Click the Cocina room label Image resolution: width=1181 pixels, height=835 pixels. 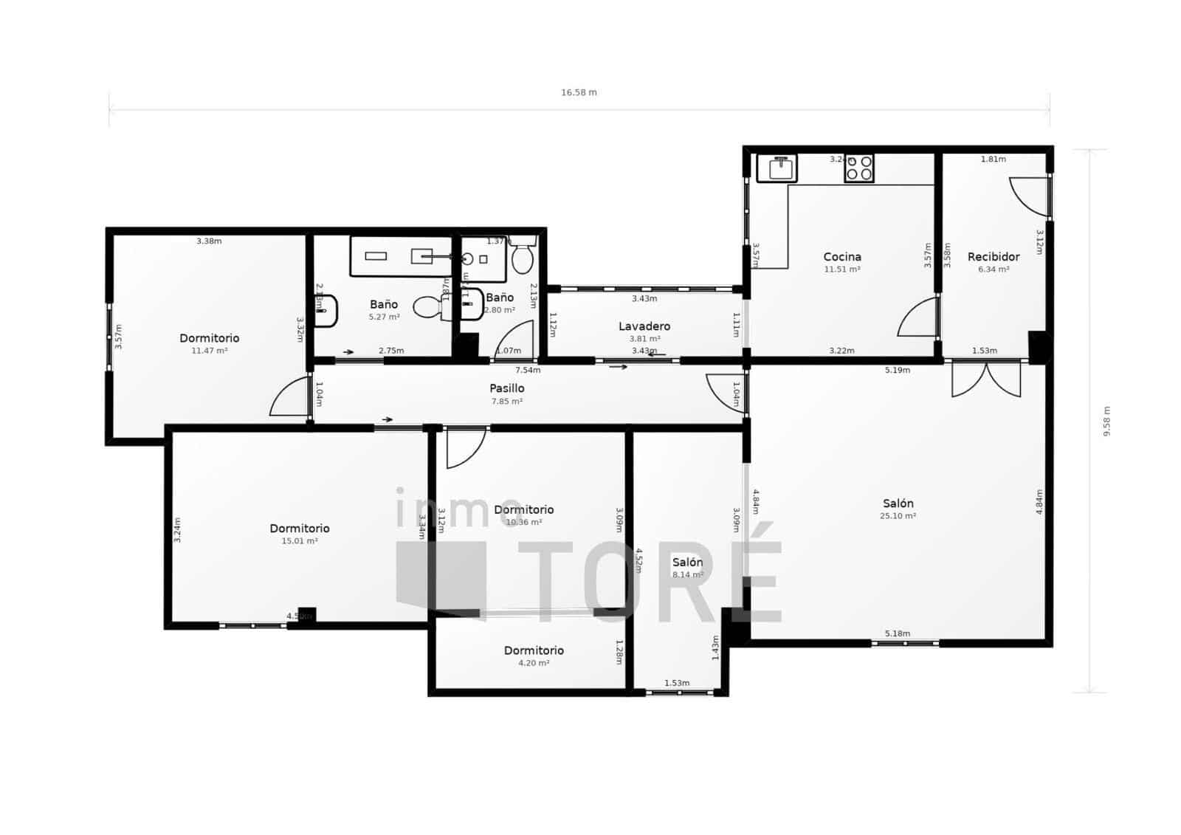pos(842,257)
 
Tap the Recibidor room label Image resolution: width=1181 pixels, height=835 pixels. pos(994,257)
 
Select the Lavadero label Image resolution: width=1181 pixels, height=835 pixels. pos(644,326)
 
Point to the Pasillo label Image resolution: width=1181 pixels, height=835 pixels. pos(507,388)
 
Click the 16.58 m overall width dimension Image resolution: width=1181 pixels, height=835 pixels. pos(579,93)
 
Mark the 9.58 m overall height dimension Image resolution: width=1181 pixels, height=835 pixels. pos(1106,422)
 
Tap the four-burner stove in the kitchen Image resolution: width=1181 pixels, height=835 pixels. pos(859,168)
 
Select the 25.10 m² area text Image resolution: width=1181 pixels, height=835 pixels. pos(898,517)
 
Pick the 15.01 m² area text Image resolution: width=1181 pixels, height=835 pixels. pos(300,541)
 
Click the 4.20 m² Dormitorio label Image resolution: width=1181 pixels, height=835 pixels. pos(534,650)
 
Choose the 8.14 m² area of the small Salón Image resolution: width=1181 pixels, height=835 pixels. pos(686,575)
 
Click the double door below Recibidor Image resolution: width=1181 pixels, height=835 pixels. pos(986,378)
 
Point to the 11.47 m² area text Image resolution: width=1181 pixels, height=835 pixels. pos(209,351)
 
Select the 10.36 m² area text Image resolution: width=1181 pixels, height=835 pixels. pos(524,523)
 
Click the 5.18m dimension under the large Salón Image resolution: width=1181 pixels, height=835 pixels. pos(897,633)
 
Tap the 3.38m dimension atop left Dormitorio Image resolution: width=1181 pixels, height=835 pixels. pos(209,241)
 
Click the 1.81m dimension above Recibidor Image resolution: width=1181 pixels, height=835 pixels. pos(993,159)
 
